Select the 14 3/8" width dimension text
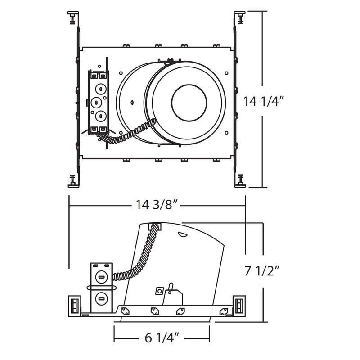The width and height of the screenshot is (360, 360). pos(158,205)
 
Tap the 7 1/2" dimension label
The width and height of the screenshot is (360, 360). pos(263,271)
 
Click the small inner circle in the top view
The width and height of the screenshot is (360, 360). pos(189,103)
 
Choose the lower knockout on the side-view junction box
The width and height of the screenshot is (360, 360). pos(101,297)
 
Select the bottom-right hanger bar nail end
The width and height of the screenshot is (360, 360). pos(240,180)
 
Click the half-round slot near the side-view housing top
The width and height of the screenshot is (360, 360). pos(183,234)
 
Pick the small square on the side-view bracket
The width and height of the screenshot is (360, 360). pos(158,291)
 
